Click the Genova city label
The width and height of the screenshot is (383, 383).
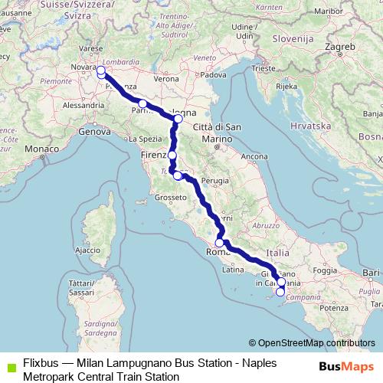point(95,132)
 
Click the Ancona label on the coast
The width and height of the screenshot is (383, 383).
point(253,156)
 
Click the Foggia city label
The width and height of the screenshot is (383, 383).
point(324,270)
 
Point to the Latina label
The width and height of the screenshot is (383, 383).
point(231,270)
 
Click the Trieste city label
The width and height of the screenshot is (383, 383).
point(265,68)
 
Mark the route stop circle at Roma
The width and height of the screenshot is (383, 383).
point(219,243)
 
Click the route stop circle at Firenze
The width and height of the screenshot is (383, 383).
point(172,155)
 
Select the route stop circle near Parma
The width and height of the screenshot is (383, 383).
point(142,103)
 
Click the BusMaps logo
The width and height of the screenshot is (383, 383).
point(347,366)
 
